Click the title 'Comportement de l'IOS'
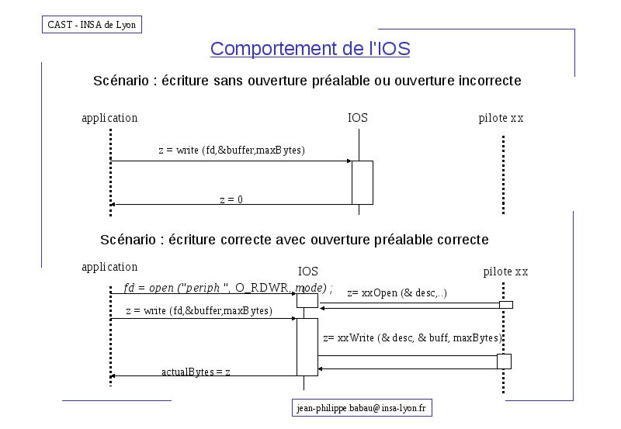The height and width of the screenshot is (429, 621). [x=310, y=49]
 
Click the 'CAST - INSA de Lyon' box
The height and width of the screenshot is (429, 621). [x=92, y=25]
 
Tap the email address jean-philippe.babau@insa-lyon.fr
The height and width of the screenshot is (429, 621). [x=362, y=408]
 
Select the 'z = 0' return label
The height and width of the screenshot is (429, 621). [x=231, y=199]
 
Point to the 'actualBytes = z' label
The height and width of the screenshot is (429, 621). [x=196, y=372]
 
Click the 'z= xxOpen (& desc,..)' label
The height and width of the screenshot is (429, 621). [x=397, y=293]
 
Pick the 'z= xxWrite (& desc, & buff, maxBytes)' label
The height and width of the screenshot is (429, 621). [x=413, y=337]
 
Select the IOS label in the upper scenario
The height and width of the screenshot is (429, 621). [x=358, y=118]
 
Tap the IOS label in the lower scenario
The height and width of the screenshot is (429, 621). [x=307, y=271]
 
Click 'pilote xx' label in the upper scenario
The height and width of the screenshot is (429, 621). [x=501, y=118]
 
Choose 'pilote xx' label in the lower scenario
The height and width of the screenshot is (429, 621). [x=506, y=272]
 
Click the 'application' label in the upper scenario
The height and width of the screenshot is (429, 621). [x=109, y=118]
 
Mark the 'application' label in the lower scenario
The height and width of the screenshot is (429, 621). [x=109, y=267]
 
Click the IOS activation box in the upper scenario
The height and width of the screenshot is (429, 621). [x=363, y=182]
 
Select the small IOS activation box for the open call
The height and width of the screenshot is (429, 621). [x=307, y=300]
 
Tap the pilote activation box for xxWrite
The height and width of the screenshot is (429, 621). [x=504, y=362]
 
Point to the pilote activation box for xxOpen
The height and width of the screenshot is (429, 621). [x=506, y=305]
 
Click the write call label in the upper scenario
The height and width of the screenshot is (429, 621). [x=231, y=150]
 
